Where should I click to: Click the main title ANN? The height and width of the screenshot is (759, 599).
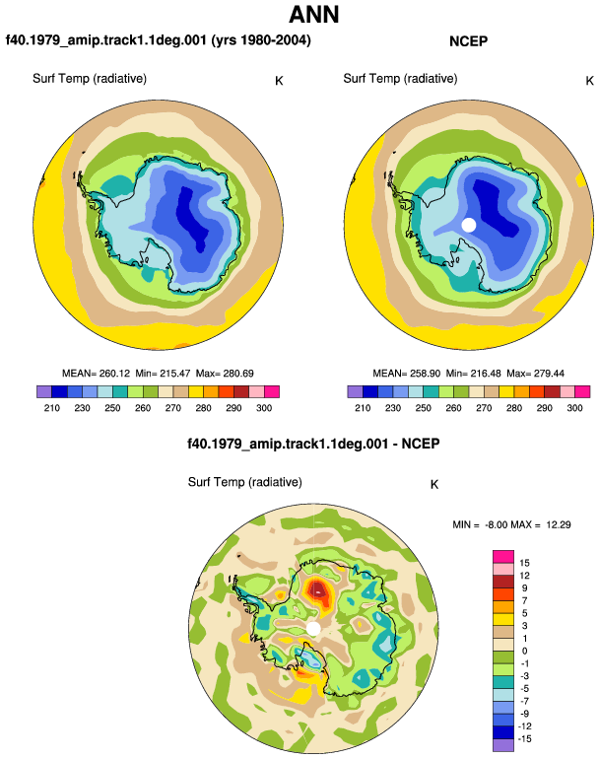[313, 15]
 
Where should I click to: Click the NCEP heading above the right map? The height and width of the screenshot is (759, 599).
[468, 41]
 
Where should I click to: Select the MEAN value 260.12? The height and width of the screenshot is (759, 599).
[114, 374]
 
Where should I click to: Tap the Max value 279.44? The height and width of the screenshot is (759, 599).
[549, 374]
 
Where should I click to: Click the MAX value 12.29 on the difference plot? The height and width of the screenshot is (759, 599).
[558, 524]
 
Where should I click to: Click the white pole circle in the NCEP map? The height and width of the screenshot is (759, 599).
[468, 225]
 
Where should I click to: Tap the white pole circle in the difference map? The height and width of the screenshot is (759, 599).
[313, 629]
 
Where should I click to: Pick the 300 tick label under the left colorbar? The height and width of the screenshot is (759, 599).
[264, 408]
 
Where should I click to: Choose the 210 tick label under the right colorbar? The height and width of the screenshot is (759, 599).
[363, 408]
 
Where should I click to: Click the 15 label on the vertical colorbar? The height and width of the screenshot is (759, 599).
[524, 563]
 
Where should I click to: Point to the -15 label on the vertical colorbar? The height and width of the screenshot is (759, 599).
[524, 739]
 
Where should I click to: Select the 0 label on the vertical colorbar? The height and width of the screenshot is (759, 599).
[524, 651]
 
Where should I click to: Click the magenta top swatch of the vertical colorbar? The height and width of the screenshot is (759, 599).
[503, 557]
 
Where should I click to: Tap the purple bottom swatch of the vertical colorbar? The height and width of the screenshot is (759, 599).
[503, 745]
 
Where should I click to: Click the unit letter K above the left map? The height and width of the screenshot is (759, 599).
[279, 81]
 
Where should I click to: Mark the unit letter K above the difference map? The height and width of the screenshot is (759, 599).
[434, 485]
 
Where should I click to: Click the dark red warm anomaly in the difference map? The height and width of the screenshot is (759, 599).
[318, 589]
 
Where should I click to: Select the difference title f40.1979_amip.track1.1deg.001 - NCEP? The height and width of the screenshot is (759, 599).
[313, 444]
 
